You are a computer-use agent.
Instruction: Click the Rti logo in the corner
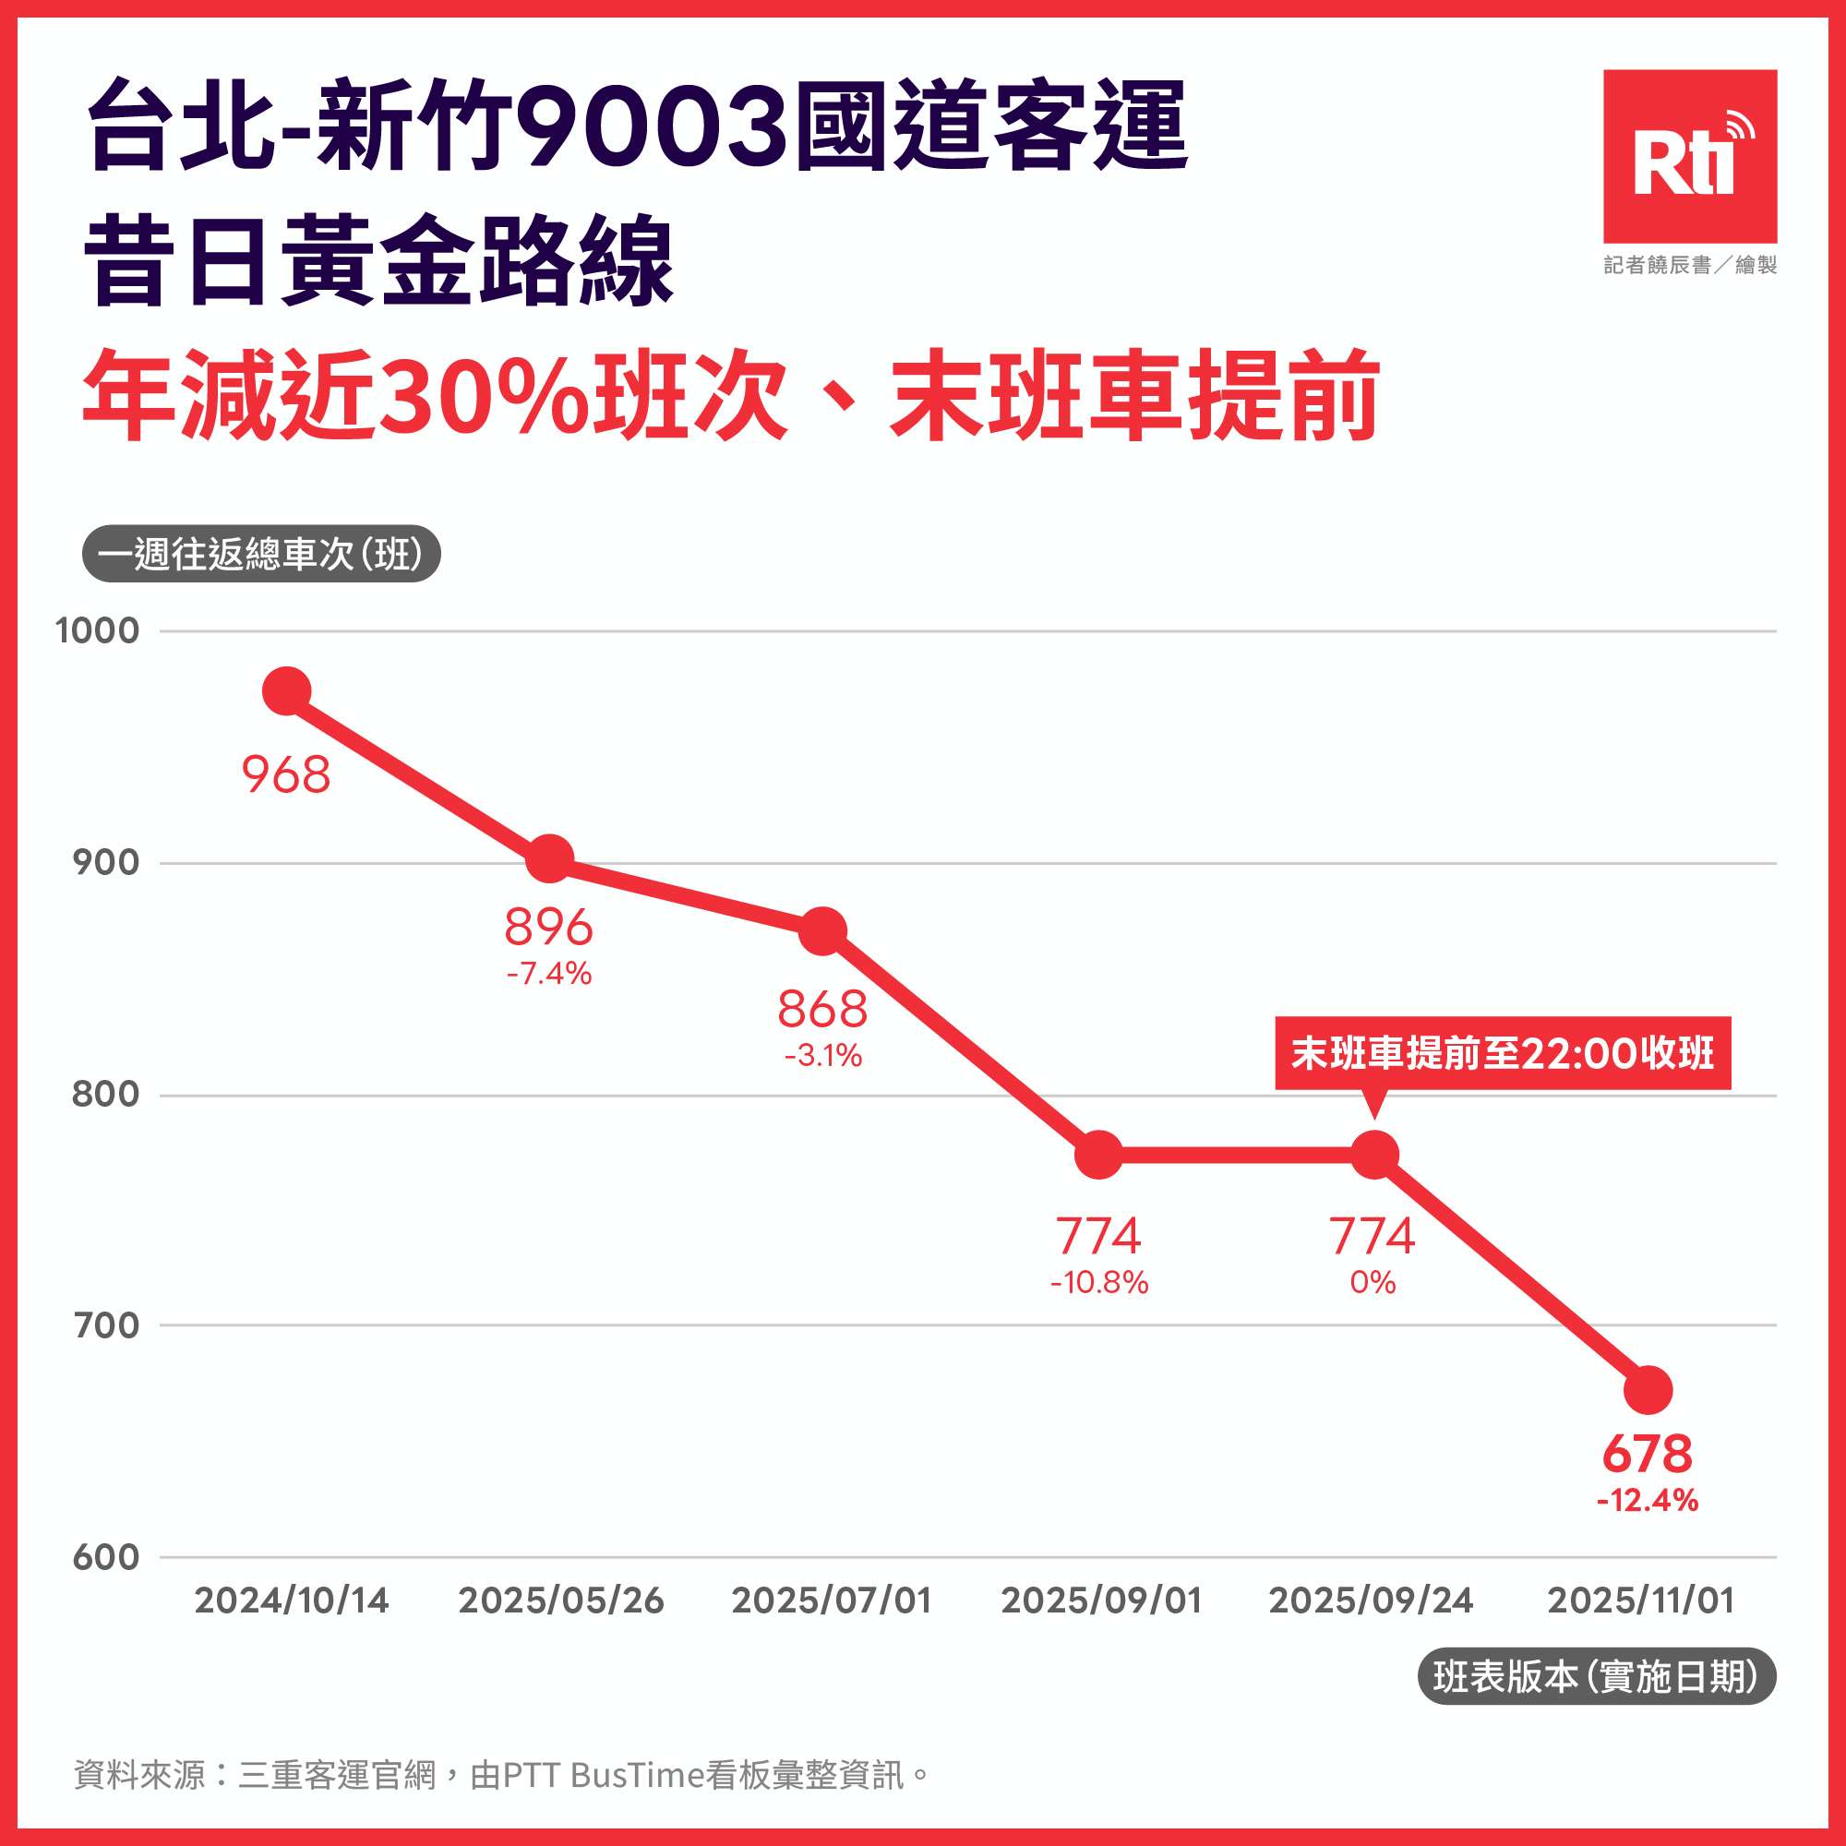[1689, 156]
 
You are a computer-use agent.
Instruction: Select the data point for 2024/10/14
[287, 691]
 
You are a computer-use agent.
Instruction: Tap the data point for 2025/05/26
[550, 858]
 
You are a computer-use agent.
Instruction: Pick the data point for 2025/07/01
[821, 930]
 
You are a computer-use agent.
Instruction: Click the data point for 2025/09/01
[1098, 1156]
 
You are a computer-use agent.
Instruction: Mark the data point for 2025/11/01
[1648, 1390]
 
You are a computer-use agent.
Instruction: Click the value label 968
[286, 775]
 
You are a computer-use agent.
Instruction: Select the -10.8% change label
[1098, 1282]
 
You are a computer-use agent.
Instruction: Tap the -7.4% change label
[549, 974]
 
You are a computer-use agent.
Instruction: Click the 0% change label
[1373, 1282]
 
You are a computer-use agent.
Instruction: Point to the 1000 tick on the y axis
[98, 630]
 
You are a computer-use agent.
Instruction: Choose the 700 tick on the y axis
[105, 1325]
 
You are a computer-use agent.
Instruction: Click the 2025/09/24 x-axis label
[1372, 1600]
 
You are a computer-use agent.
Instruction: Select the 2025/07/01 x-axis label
[832, 1600]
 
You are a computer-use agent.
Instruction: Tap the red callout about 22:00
[1502, 1053]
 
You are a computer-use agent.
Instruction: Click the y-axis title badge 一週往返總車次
[261, 554]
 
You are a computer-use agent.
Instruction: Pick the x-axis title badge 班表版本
[1596, 1677]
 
